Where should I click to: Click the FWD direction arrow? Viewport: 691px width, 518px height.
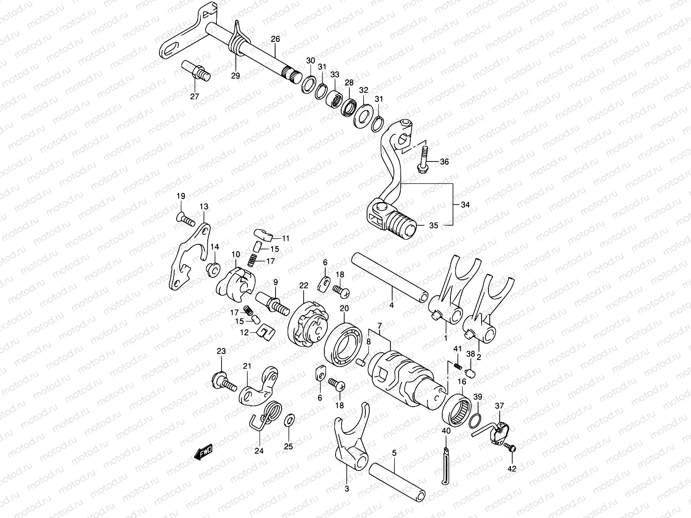click(203, 453)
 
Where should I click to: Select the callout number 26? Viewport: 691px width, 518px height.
click(275, 39)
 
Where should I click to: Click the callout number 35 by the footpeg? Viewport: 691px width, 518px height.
click(434, 225)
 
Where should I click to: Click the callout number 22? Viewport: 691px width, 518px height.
click(304, 285)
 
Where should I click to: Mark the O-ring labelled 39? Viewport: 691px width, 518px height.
click(475, 419)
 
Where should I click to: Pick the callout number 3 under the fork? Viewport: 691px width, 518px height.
click(347, 489)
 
